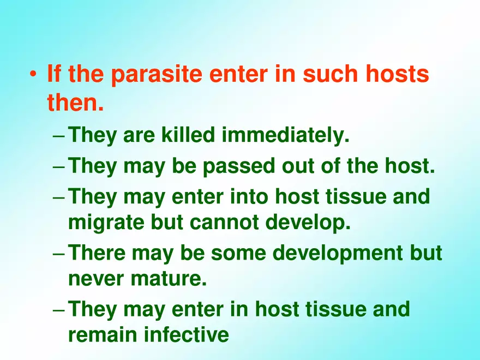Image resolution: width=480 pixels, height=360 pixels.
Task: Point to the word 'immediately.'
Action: (x=285, y=135)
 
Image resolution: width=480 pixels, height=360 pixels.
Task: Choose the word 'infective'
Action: (x=186, y=334)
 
